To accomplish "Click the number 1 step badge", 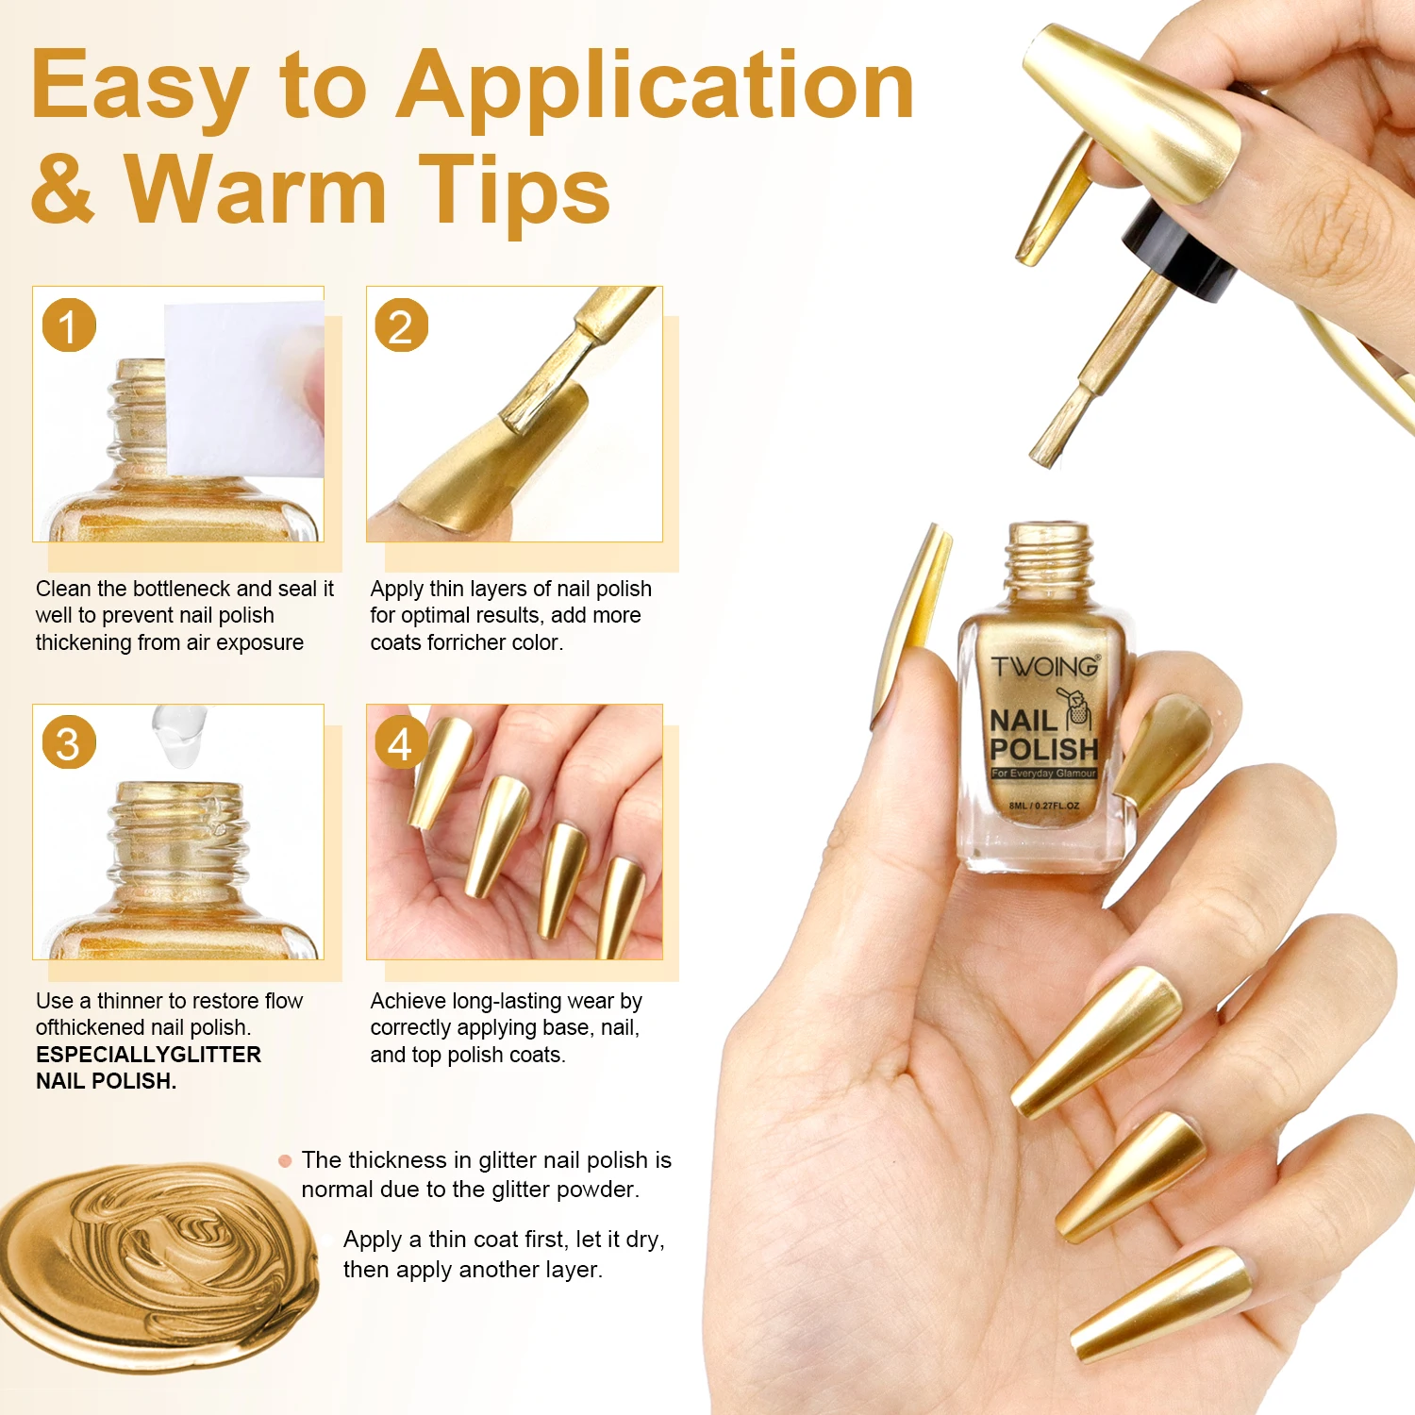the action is pos(69,325).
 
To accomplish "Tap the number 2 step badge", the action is pos(402,325).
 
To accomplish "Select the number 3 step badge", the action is pos(69,742).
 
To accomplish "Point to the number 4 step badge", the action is pos(402,742).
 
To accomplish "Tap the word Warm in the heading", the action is pos(256,191).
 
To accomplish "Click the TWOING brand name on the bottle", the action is pos(1045,667).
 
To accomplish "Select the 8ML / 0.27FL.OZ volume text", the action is pos(1044,807).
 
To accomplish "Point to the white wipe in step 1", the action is pos(245,389).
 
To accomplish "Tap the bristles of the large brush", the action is pos(1057,429).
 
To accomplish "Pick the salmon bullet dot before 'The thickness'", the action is pos(285,1161).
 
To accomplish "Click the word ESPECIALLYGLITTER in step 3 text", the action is pos(148,1055).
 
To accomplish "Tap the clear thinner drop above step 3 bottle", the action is pos(179,735).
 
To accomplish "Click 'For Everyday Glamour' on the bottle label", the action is pos(1043,774).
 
